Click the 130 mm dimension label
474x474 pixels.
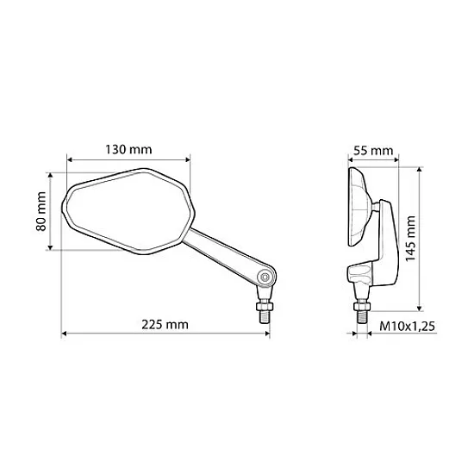(x=128, y=149)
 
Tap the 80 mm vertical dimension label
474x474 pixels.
(x=41, y=211)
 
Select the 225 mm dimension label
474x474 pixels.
(x=165, y=325)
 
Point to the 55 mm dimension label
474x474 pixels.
(x=373, y=150)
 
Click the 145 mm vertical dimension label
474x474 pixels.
(x=410, y=239)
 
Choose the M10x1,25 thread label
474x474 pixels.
(x=407, y=326)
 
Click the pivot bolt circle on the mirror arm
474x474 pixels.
(x=265, y=277)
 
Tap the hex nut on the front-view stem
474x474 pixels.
(x=265, y=307)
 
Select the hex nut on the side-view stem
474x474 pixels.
(x=362, y=307)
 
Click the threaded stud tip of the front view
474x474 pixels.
(x=265, y=318)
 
